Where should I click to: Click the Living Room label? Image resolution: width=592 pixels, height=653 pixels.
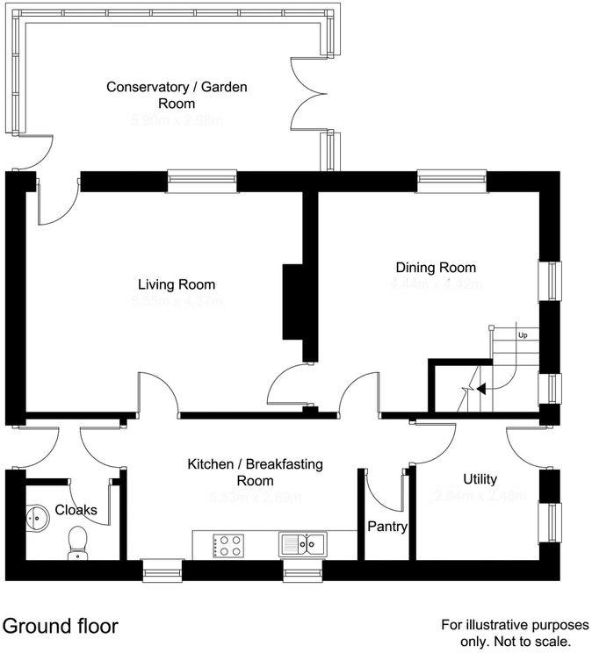coord(177,284)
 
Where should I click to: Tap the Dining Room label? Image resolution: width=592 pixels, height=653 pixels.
coord(436,268)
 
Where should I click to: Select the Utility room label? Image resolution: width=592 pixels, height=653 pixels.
coord(480,479)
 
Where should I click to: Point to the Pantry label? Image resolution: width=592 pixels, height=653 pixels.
coord(386,526)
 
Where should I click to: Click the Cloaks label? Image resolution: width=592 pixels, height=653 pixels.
coord(76,510)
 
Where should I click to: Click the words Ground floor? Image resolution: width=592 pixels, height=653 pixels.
coord(60,627)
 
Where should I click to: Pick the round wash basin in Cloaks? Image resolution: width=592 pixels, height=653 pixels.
coord(37,517)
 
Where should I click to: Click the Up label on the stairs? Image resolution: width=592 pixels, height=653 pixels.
coord(523,335)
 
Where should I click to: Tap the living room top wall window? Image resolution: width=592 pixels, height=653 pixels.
coord(203,181)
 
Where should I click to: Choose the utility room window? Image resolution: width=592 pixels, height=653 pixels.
coord(552,523)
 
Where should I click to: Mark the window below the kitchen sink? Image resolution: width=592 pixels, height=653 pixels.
coord(301,572)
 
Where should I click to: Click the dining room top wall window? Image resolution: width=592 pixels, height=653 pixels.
coord(451,181)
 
